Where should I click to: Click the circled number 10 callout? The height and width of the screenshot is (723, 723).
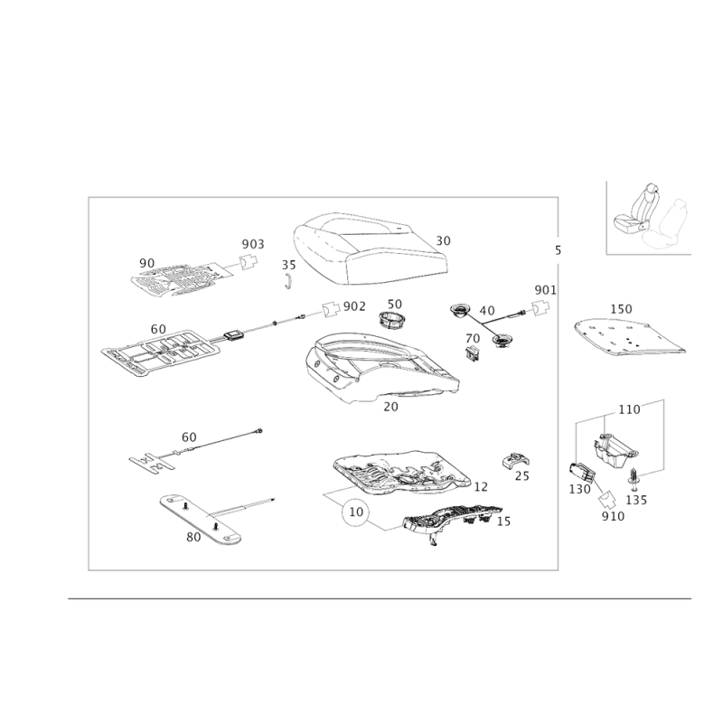pyautogui.click(x=356, y=512)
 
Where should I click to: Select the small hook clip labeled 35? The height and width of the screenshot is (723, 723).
pyautogui.click(x=288, y=281)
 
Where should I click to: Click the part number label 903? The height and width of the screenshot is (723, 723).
pyautogui.click(x=253, y=244)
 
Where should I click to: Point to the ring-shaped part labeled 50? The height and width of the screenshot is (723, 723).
pyautogui.click(x=391, y=320)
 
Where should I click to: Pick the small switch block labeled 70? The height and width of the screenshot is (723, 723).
pyautogui.click(x=473, y=352)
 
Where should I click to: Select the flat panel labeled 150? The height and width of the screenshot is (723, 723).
pyautogui.click(x=629, y=338)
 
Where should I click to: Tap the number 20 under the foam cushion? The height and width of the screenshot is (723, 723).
pyautogui.click(x=390, y=407)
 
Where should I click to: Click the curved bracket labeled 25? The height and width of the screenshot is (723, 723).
pyautogui.click(x=515, y=461)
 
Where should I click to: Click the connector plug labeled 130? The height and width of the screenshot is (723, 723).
pyautogui.click(x=582, y=473)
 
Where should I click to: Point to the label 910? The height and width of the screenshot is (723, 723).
pyautogui.click(x=614, y=516)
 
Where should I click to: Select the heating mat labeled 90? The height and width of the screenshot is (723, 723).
pyautogui.click(x=183, y=280)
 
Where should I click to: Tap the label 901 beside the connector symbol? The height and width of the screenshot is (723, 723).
pyautogui.click(x=546, y=290)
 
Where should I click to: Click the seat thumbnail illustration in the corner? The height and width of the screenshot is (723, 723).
pyautogui.click(x=649, y=217)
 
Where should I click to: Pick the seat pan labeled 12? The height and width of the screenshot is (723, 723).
pyautogui.click(x=401, y=473)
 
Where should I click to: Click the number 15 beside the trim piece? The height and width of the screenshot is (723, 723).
pyautogui.click(x=503, y=521)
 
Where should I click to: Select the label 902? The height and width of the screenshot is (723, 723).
pyautogui.click(x=354, y=306)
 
